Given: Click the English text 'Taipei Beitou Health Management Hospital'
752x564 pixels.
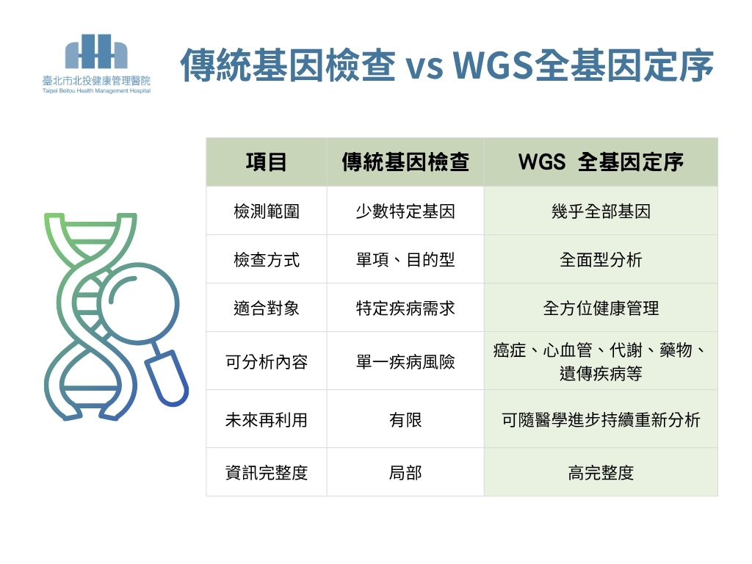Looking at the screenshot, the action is (x=96, y=90).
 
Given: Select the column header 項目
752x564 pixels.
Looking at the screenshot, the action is (x=266, y=162).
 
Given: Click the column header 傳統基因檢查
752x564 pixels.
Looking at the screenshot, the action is (x=405, y=162).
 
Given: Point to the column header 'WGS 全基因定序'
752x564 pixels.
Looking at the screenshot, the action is (x=601, y=162).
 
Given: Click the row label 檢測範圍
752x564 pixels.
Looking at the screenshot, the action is (x=266, y=211).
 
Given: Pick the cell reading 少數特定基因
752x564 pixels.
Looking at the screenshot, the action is (x=405, y=211).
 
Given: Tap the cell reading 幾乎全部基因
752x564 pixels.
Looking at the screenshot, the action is (x=601, y=211).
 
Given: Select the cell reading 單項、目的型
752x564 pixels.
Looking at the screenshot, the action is (x=405, y=259).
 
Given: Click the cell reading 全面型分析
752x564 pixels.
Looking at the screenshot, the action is (x=601, y=259).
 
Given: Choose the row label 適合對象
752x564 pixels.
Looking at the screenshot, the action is (x=266, y=308).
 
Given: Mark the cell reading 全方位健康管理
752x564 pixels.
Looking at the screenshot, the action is (x=601, y=308).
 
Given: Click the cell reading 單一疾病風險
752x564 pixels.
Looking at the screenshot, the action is (x=405, y=361).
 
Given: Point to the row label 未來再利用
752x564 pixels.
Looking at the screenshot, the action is (x=266, y=420).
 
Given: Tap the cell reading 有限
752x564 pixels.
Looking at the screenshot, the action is (x=405, y=420).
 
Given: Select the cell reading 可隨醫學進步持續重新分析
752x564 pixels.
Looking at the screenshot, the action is (x=601, y=420).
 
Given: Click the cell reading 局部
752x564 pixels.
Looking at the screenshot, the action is (x=405, y=473).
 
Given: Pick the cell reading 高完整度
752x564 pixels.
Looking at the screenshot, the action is (x=601, y=473).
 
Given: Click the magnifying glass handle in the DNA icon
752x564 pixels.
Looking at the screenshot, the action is (x=167, y=378).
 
